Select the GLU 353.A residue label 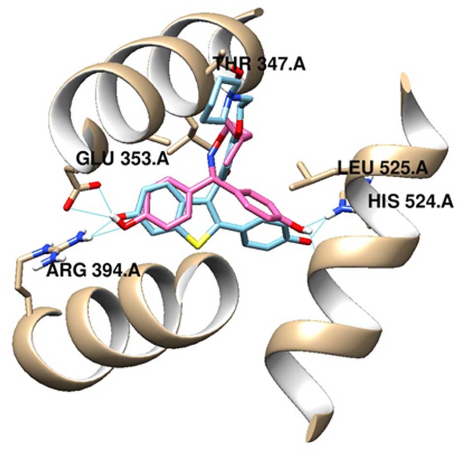click(122, 159)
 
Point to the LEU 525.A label click(382, 168)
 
